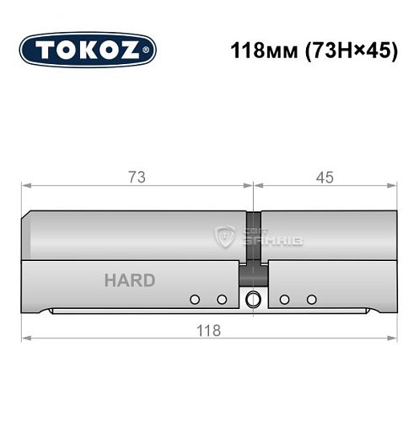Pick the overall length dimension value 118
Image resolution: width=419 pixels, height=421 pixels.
click(208, 330)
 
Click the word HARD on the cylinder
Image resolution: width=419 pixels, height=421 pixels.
click(129, 280)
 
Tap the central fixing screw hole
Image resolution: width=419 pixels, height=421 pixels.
click(253, 299)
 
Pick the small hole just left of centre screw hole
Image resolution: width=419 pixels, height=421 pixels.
click(222, 299)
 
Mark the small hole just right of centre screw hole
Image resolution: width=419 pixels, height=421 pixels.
click(284, 299)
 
